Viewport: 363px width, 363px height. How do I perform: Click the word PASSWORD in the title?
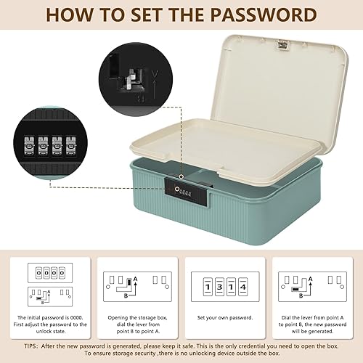[264, 15]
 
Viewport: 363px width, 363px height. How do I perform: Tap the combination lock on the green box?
[186, 192]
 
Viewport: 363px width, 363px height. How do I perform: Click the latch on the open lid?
[282, 45]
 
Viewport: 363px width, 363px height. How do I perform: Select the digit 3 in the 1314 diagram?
[219, 287]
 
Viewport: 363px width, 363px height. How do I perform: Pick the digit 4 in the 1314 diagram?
[243, 287]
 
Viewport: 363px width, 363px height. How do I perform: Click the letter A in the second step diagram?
[136, 279]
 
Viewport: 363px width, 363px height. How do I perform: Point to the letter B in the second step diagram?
[126, 295]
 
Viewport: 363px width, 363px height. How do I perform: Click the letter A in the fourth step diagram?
[311, 279]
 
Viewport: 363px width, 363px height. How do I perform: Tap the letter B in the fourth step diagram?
[301, 295]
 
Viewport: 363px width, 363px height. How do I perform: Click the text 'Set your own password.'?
[225, 318]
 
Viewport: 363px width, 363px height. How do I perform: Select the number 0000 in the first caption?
[76, 317]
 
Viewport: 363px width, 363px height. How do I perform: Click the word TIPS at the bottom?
[30, 346]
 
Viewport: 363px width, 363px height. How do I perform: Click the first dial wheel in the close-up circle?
[29, 146]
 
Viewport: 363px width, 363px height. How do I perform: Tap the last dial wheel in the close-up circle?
[71, 146]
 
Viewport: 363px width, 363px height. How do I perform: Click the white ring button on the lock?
[177, 189]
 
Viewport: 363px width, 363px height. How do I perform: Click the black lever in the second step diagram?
[129, 282]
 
